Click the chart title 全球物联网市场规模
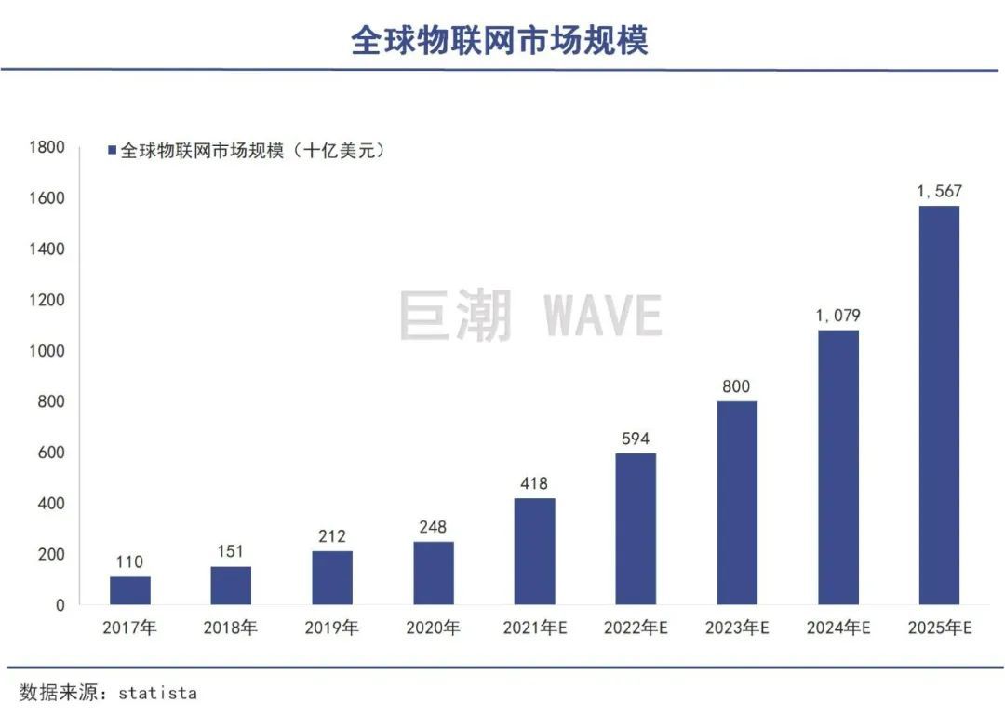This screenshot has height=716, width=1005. click(500, 40)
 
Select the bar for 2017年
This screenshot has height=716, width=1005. click(129, 590)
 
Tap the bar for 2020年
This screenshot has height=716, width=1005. click(434, 573)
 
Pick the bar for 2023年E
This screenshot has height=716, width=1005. click(737, 503)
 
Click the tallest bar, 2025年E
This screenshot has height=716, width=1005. click(939, 405)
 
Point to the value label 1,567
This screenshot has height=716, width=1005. click(939, 192)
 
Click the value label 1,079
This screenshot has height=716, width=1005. click(837, 317)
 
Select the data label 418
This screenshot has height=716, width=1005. click(534, 484)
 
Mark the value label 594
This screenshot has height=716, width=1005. click(636, 439)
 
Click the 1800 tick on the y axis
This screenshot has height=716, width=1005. click(47, 147)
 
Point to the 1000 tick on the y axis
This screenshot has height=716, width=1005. click(47, 351)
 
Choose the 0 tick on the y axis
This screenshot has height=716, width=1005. click(59, 605)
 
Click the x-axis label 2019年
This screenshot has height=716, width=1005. click(331, 628)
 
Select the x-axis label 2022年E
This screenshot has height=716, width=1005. click(636, 628)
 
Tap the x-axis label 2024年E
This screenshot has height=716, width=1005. click(838, 628)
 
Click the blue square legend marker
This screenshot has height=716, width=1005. click(112, 150)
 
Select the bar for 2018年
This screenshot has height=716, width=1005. click(231, 585)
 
